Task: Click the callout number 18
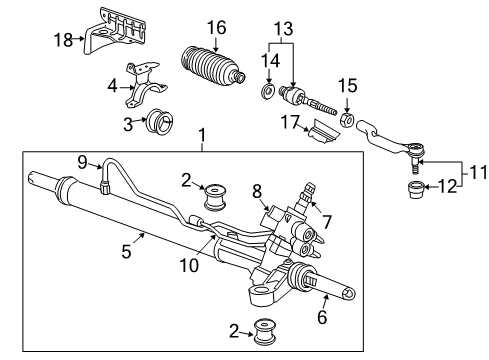point(63,40)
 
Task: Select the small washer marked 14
point(267,91)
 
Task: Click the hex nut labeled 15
point(347,120)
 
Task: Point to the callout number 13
point(284,28)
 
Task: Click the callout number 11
point(479,173)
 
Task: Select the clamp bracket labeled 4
point(145,85)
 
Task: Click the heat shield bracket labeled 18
point(114,33)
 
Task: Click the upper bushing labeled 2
point(215,197)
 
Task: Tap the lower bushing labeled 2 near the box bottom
point(265,332)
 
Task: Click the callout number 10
point(189,266)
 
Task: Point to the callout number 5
point(126,251)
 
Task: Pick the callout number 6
point(322,317)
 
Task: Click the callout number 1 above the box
point(202,135)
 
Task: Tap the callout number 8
point(257,191)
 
